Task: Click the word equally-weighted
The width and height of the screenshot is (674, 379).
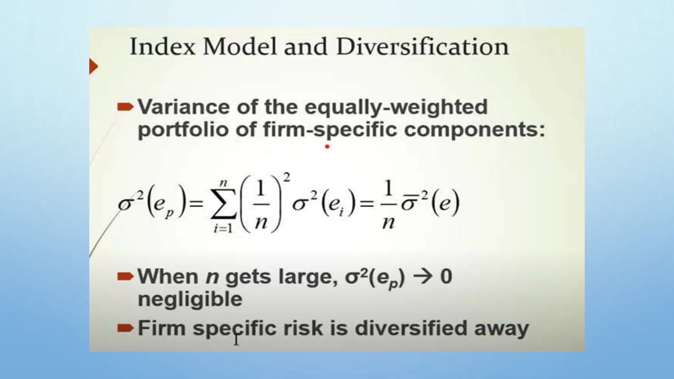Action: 396,108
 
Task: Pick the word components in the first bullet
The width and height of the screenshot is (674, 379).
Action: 474,130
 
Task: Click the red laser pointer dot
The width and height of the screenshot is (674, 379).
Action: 327,146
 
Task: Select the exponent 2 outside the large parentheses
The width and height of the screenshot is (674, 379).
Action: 287,178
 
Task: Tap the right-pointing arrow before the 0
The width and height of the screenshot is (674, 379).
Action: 422,276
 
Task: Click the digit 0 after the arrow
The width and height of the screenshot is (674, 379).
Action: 446,276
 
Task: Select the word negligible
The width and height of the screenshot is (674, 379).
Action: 190,299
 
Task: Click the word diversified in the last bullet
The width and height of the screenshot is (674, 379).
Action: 411,328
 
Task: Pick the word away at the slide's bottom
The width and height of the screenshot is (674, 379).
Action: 501,329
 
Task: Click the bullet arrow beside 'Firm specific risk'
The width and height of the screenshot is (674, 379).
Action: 125,328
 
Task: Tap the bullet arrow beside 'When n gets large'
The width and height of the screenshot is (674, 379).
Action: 125,276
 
